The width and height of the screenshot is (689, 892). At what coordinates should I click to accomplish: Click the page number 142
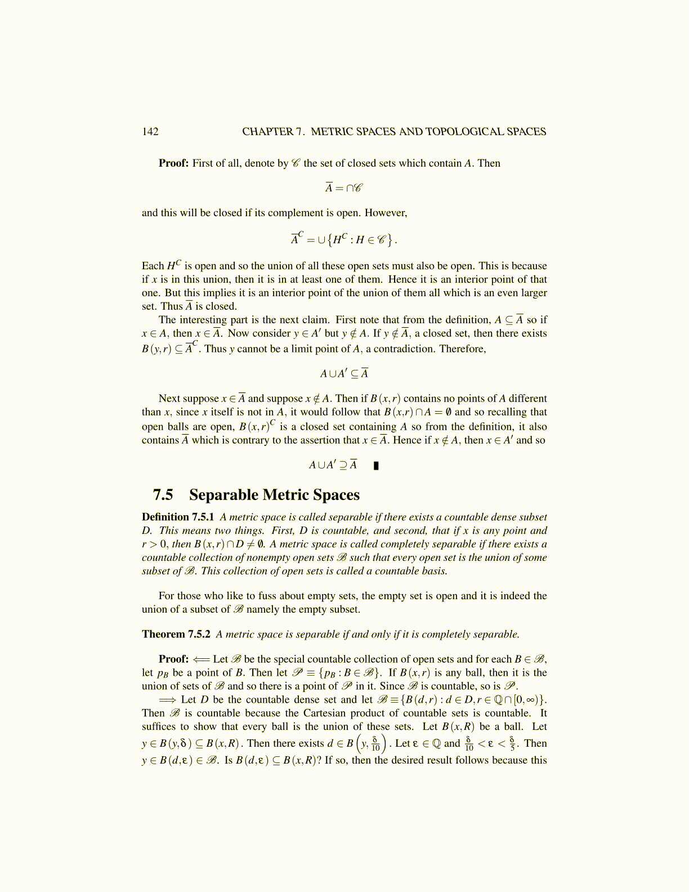[x=150, y=132]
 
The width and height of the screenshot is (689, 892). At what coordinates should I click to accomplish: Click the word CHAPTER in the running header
[x=267, y=132]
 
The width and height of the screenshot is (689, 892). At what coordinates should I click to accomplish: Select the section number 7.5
[x=163, y=495]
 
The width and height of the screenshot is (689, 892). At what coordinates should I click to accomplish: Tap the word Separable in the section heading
[x=223, y=495]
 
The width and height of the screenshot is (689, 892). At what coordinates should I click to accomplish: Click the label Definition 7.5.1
[x=178, y=517]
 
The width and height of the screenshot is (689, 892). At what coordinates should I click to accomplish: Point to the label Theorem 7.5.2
[x=176, y=634]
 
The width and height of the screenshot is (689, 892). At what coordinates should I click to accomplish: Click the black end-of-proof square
[x=376, y=466]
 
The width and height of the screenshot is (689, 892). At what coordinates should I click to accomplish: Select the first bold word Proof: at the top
[x=173, y=163]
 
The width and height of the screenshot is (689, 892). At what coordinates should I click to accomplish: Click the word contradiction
[x=406, y=349]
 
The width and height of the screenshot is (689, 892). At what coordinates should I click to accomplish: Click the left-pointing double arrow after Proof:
[x=201, y=659]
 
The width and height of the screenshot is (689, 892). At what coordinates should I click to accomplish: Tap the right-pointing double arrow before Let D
[x=167, y=700]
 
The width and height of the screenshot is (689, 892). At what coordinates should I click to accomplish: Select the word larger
[x=532, y=293]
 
